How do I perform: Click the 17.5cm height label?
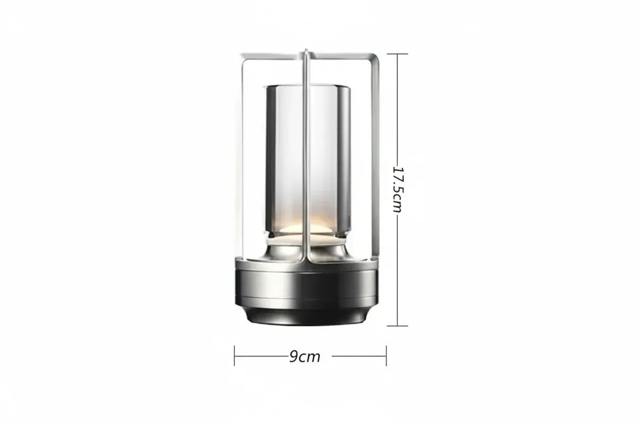point(398,189)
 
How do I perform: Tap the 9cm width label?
point(305,357)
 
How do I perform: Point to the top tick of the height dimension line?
point(398,54)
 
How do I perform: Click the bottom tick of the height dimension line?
point(398,325)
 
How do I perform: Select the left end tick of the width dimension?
point(235,356)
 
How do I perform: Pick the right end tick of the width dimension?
point(386,356)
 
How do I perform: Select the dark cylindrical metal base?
point(307,286)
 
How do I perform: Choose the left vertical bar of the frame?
point(239,153)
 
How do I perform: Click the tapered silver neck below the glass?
point(307,249)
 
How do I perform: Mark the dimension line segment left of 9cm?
point(261,356)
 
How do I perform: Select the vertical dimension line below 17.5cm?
point(398,271)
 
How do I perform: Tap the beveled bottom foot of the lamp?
point(307,317)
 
